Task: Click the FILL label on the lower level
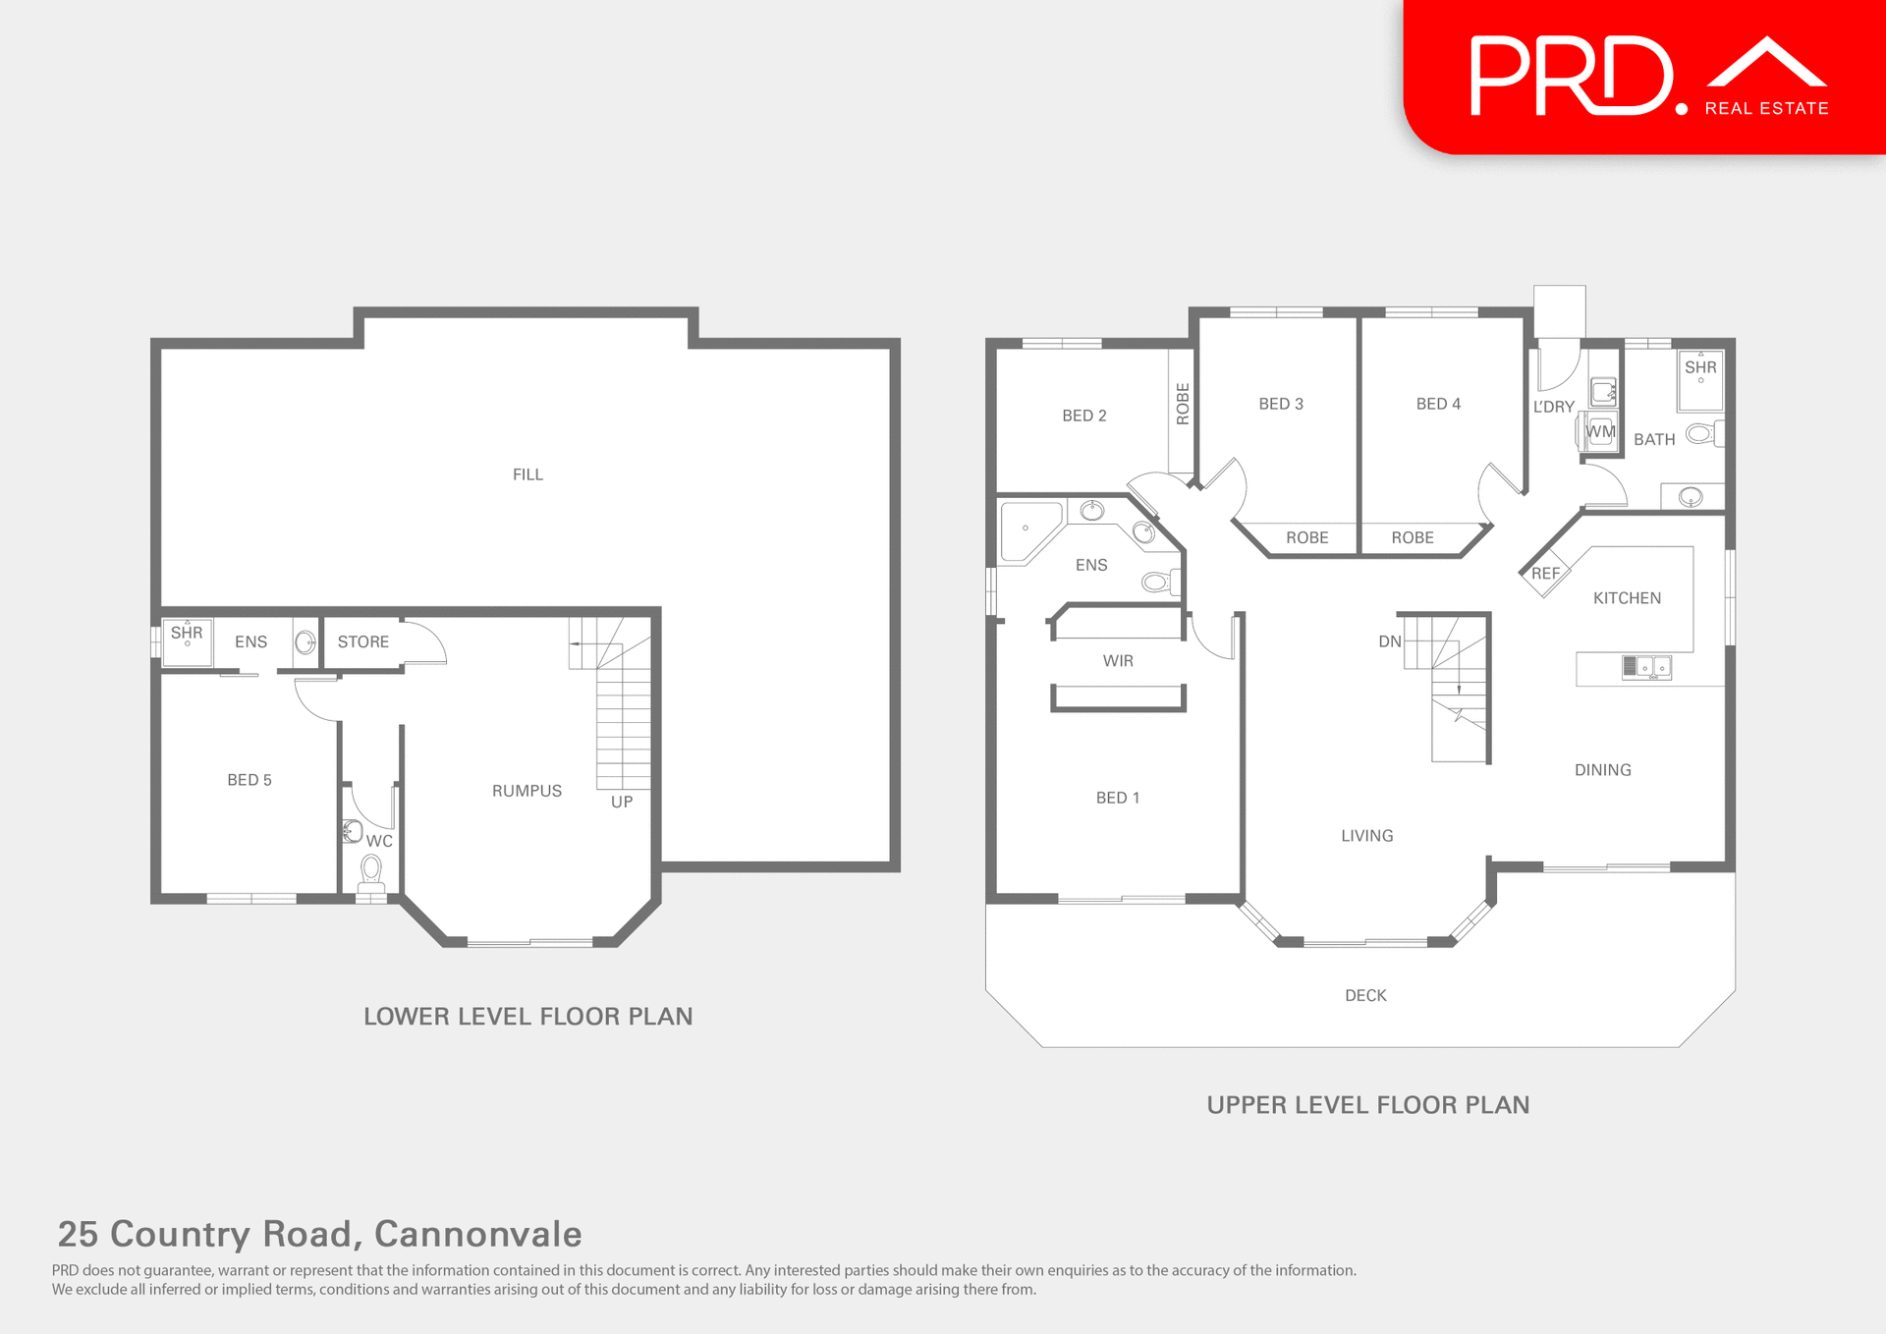[527, 474]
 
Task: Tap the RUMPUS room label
[527, 791]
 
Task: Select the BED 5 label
[250, 780]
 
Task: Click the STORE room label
[363, 641]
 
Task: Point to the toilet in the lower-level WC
[371, 870]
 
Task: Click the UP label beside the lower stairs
[622, 802]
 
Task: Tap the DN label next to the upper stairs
[1389, 641]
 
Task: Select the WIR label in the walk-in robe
[1118, 661]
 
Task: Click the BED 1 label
[1118, 798]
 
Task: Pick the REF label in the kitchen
[1545, 574]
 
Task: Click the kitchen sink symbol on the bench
[1646, 668]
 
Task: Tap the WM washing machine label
[1600, 431]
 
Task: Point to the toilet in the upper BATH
[1701, 433]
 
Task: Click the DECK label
[1365, 995]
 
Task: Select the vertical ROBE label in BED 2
[1183, 404]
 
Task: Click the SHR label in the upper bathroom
[1700, 367]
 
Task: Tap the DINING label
[1602, 770]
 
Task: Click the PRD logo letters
[1572, 77]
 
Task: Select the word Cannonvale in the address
[478, 1234]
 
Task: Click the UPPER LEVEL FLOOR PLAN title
[1367, 1105]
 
